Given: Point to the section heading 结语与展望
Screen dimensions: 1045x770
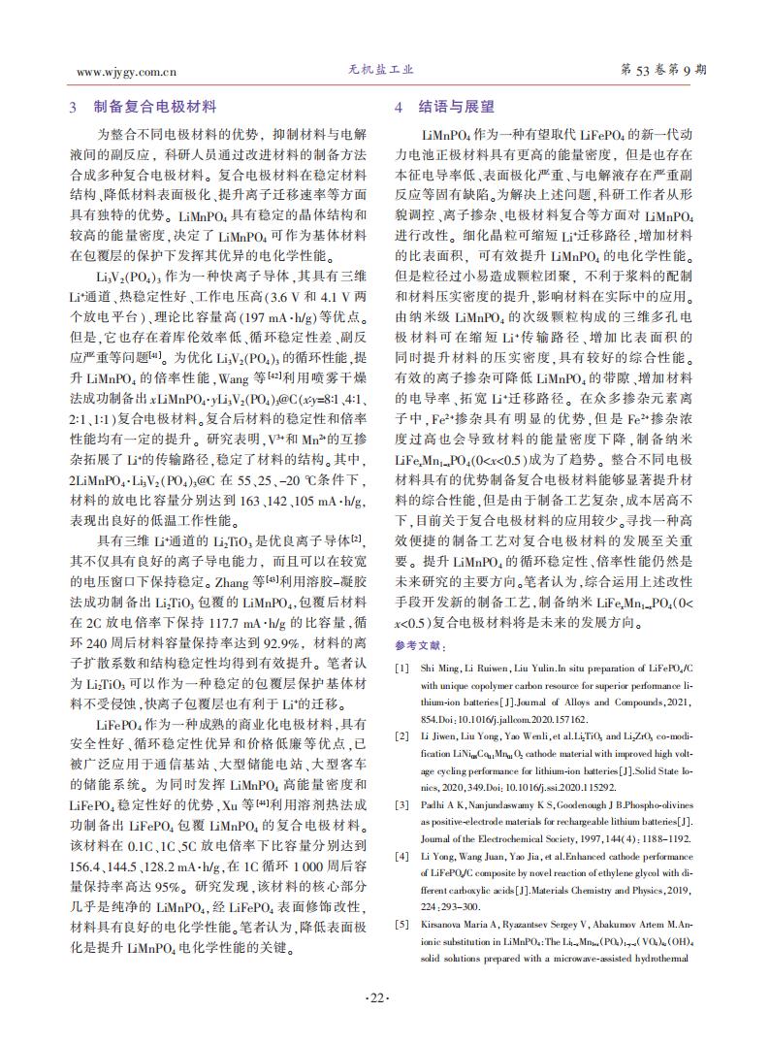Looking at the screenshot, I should coord(456,108).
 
